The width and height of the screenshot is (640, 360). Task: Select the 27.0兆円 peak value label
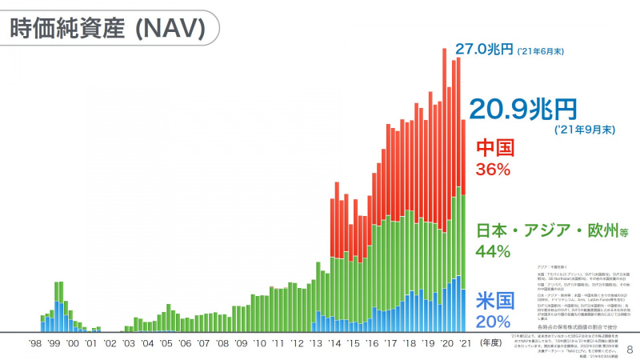[484, 50]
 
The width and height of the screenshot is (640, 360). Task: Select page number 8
[629, 350]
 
